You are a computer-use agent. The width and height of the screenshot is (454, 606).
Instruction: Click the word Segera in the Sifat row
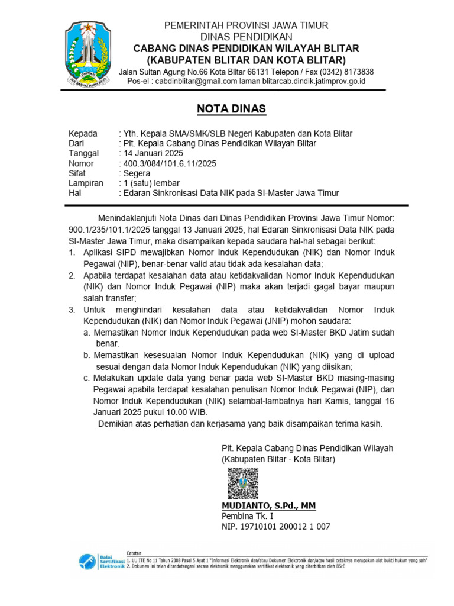[138, 173]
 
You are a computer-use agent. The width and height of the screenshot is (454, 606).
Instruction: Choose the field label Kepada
[83, 133]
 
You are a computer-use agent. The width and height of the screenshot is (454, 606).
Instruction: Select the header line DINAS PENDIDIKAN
[246, 37]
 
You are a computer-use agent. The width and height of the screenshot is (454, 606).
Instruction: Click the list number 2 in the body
[72, 276]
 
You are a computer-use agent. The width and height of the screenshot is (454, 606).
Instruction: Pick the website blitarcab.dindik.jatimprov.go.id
[314, 81]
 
